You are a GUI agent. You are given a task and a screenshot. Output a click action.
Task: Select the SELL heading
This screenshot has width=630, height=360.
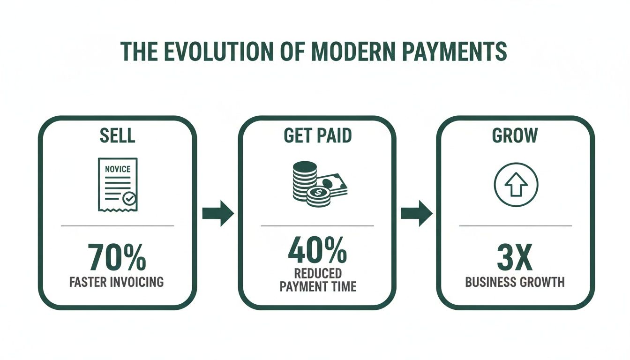117,135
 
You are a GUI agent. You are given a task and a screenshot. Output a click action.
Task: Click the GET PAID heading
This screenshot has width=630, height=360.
317,135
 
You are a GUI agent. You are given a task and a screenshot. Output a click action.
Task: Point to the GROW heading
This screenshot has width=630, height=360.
515,135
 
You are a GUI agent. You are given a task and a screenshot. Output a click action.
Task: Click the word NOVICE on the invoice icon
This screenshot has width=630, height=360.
118,169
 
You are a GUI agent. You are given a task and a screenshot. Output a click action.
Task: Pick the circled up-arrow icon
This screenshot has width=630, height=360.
516,183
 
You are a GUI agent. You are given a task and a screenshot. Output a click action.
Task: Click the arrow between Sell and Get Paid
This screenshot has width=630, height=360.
218,214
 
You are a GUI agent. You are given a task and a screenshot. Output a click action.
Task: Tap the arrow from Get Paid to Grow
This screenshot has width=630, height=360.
417,214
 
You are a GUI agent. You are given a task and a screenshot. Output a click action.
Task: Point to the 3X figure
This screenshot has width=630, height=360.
515,257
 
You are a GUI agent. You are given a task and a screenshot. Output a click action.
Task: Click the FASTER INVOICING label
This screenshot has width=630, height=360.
117,282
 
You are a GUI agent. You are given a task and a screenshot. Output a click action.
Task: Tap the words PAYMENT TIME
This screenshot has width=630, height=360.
318,286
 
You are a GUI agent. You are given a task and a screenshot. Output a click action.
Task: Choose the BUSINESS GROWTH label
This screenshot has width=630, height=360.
515,282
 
